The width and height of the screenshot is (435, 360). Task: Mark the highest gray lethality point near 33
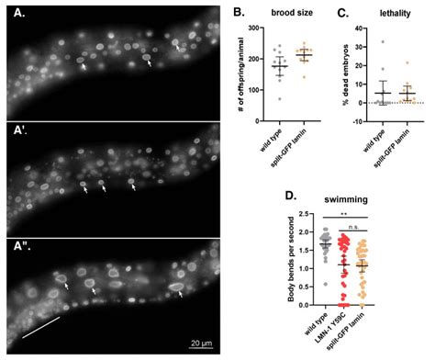coord(383,41)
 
